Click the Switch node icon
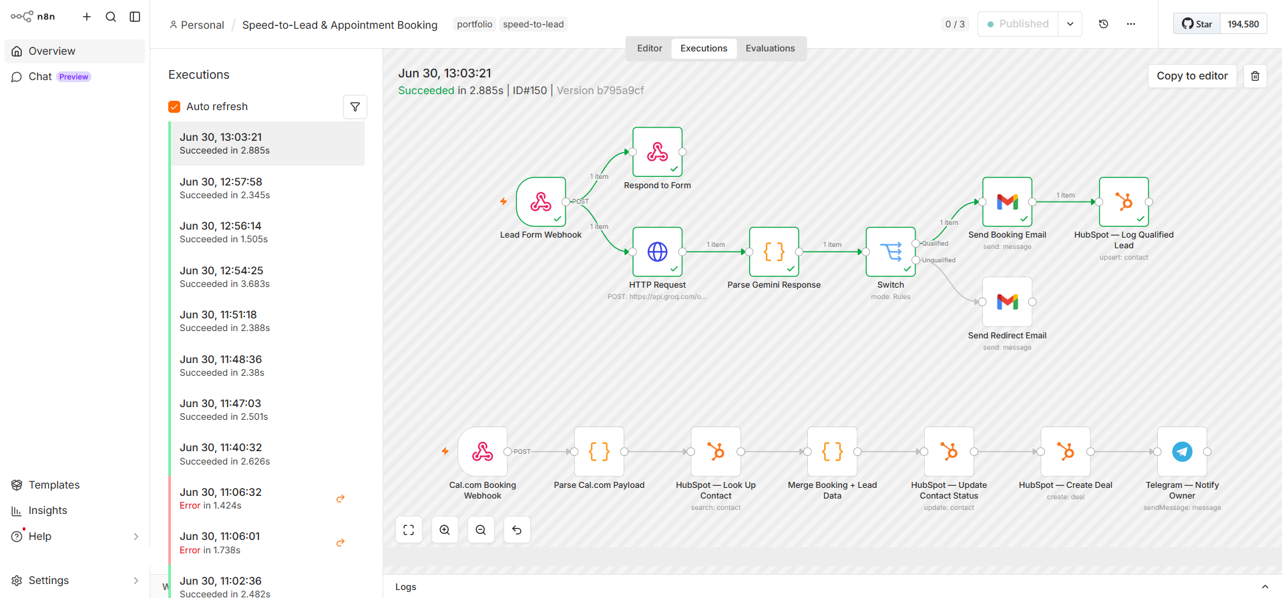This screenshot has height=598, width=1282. tap(891, 252)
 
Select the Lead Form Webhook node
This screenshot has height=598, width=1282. tap(541, 202)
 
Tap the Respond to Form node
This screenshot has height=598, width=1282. tap(658, 152)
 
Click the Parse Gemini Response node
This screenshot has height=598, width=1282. tap(774, 252)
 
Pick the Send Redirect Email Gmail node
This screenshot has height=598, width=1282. tap(1008, 302)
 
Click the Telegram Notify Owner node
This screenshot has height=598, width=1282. tap(1182, 452)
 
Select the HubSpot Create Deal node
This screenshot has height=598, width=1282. tap(1066, 452)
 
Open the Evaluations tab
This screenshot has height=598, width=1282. tap(770, 48)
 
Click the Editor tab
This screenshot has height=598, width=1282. tap(650, 48)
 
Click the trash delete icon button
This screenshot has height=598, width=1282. tap(1255, 76)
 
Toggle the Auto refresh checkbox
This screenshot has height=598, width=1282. tap(174, 107)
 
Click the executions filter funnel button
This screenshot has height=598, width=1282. tap(355, 107)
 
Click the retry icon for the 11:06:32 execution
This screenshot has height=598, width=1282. tap(341, 499)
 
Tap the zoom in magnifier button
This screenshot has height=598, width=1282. tap(445, 530)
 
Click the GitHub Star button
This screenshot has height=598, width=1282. tap(1197, 24)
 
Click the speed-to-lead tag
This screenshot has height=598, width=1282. tap(533, 25)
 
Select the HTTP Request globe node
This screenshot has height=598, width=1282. tap(658, 252)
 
